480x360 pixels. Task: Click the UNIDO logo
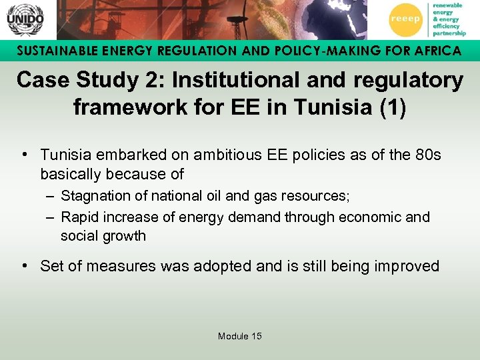tap(25, 19)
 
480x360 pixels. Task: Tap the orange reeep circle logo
tap(405, 19)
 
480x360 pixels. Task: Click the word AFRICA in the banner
tap(432, 51)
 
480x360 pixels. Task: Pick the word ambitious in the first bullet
tap(225, 155)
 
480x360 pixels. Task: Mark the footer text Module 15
tap(239, 336)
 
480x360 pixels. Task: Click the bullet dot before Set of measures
tap(25, 267)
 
